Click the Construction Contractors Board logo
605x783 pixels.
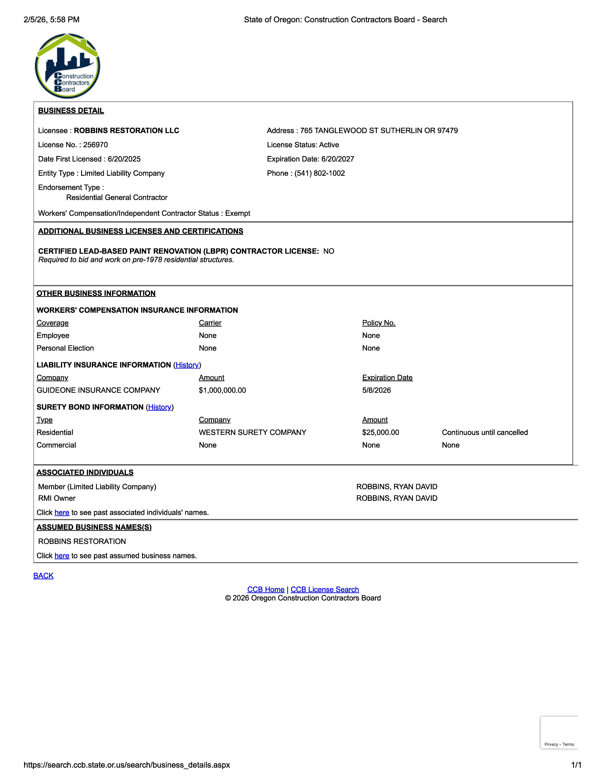[67, 66]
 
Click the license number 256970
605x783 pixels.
[95, 145]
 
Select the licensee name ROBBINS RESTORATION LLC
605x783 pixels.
[127, 130]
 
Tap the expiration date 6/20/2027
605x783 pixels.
[338, 159]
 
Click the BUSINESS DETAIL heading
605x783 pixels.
[71, 110]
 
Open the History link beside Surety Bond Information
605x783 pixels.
[159, 407]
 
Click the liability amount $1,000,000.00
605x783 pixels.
[222, 390]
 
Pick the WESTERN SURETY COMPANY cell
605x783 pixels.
[252, 432]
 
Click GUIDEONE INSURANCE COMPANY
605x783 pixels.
[98, 390]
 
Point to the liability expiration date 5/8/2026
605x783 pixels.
[376, 390]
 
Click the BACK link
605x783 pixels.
[43, 575]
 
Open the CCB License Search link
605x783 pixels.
[324, 589]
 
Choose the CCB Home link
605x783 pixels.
[266, 589]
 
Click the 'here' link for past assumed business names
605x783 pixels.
[62, 556]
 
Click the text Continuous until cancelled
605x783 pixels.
[485, 432]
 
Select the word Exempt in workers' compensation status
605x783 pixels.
[238, 213]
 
